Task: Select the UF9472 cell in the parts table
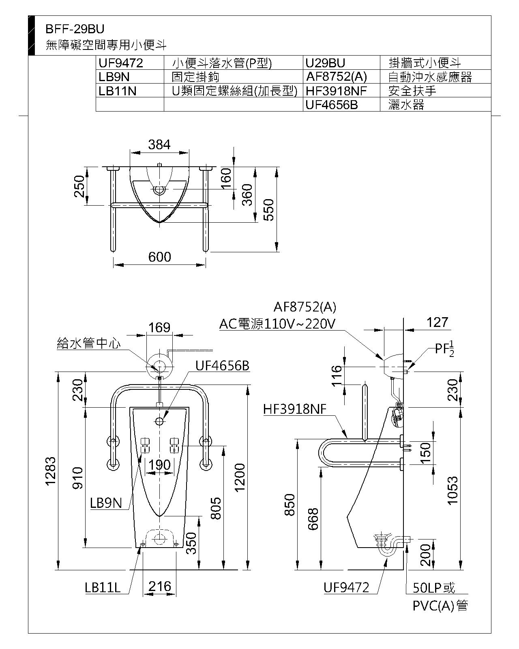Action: coord(121,63)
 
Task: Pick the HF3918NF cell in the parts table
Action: coord(336,91)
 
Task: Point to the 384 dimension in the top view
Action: coord(159,145)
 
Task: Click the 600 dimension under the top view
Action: coord(160,257)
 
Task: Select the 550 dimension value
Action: coord(268,209)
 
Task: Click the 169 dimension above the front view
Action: coord(159,327)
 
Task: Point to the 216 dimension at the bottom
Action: coord(160,586)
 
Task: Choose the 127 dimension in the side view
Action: coord(438,322)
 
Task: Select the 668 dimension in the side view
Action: coord(313,519)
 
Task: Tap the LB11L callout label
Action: coord(103,588)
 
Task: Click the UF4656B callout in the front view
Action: coord(222,365)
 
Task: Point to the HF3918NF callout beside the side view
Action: coord(295,409)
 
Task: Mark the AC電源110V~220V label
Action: coord(277,323)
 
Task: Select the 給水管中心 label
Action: coord(88,344)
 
